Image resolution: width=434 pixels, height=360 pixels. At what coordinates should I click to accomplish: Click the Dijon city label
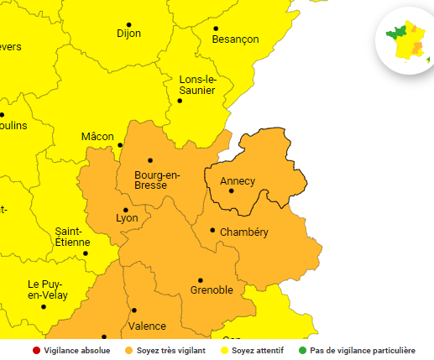(x=128, y=34)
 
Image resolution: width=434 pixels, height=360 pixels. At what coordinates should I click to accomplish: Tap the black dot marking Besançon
(x=216, y=28)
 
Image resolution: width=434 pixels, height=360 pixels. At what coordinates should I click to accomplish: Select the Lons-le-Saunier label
(x=197, y=85)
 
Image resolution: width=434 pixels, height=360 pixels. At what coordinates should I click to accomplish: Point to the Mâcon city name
(x=97, y=136)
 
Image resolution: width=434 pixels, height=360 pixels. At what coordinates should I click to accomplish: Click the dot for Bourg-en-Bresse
(x=150, y=160)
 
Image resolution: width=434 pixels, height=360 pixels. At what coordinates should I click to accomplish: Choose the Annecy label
(x=237, y=180)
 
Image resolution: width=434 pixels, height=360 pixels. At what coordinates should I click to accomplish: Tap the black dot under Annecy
(x=231, y=190)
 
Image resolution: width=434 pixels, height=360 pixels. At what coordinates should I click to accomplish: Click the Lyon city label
(x=127, y=218)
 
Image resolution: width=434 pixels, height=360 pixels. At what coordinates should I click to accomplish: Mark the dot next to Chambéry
(x=212, y=230)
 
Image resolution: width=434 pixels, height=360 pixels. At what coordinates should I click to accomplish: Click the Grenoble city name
(x=211, y=290)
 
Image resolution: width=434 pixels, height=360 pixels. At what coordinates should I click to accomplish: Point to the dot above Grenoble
(x=201, y=279)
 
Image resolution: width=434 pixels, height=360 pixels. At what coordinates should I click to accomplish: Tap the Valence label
(x=147, y=326)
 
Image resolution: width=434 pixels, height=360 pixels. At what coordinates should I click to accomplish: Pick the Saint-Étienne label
(x=72, y=237)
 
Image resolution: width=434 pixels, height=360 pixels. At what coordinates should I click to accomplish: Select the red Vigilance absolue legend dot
(x=36, y=351)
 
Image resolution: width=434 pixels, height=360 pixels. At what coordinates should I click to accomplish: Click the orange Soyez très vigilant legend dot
(x=128, y=351)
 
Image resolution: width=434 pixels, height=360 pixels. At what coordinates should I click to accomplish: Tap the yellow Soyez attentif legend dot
(x=224, y=351)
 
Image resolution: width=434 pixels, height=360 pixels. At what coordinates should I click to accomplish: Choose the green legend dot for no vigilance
(x=302, y=351)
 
